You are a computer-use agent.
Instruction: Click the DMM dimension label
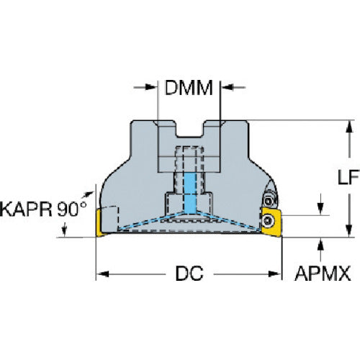pos(189,88)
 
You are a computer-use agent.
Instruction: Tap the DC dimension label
pos(189,274)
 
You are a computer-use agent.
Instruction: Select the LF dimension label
pos(348,177)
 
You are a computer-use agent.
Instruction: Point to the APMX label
pos(323,274)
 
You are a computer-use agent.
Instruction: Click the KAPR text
pos(26,209)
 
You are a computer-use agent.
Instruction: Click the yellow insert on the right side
pos(271,222)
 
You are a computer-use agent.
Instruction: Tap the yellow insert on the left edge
pos(99,222)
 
